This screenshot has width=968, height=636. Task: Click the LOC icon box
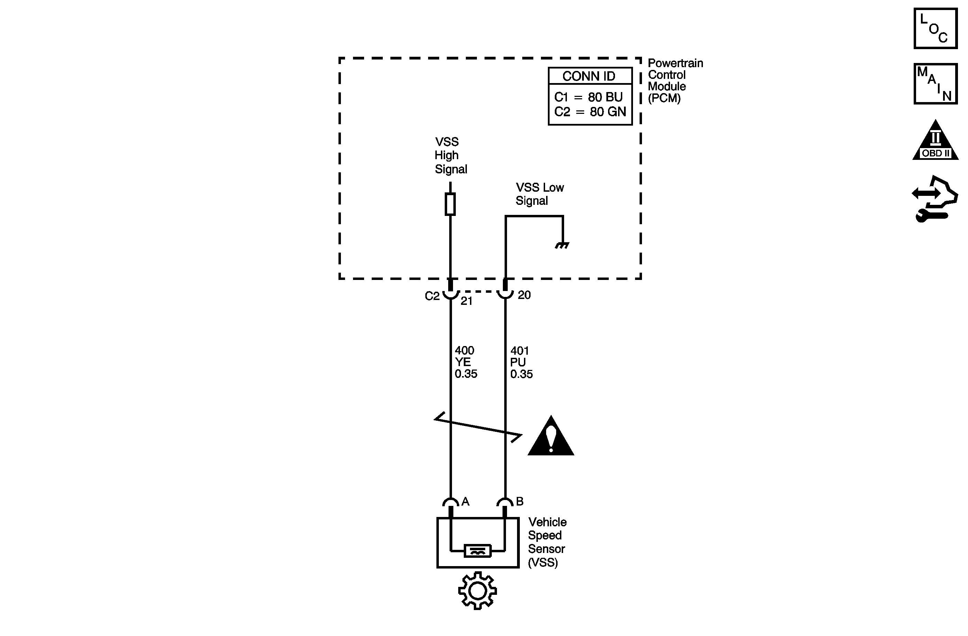tap(935, 28)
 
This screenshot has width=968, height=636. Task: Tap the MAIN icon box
tap(935, 84)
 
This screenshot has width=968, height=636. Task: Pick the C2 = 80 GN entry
tap(590, 112)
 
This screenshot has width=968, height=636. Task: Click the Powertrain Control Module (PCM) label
tap(675, 81)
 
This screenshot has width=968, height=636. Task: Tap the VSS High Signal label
tap(450, 156)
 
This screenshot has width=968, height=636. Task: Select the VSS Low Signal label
tap(539, 194)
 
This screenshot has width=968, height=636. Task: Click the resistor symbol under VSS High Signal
tap(450, 204)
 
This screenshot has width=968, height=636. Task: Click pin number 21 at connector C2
tap(466, 301)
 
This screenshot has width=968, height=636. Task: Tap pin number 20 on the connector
tap(524, 295)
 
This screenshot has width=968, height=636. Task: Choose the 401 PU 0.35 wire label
tap(521, 362)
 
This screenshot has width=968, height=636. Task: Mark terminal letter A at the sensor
tap(465, 501)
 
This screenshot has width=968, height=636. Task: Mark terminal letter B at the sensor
tap(519, 501)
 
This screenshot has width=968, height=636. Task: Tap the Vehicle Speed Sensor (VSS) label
tap(546, 542)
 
